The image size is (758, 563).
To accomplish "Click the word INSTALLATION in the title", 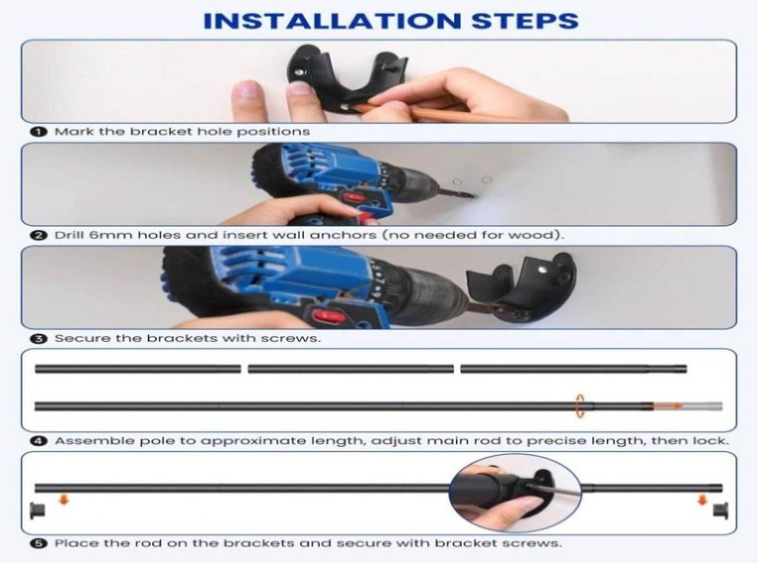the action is (332, 21).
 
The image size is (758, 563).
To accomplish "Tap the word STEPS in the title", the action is (525, 21).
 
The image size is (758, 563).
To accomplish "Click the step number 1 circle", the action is (38, 132).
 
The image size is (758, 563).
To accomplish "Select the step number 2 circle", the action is (38, 235).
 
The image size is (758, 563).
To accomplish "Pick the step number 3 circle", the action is (38, 338).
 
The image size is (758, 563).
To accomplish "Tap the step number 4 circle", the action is (38, 441).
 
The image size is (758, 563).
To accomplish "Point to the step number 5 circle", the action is (38, 543).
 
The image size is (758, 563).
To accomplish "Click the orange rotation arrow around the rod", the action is (580, 406).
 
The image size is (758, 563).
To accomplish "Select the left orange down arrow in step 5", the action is (64, 499).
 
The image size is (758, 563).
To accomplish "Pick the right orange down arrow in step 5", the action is (702, 500).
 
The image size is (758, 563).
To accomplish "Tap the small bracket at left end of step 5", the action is (37, 510).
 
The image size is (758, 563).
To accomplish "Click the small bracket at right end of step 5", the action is (720, 510).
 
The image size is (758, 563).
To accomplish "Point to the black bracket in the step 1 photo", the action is (346, 76).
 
